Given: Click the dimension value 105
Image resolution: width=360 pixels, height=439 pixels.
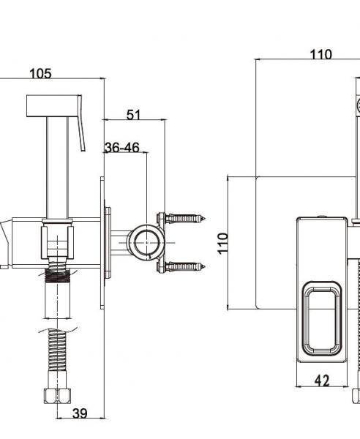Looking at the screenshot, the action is point(40,74).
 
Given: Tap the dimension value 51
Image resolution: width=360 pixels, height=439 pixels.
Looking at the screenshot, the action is point(134,115).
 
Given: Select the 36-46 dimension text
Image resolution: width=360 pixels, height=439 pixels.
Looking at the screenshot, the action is point(122,148).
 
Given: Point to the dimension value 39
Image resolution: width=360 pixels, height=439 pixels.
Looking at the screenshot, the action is point(80,413).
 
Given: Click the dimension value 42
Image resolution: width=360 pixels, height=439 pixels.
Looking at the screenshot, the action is point(322,380).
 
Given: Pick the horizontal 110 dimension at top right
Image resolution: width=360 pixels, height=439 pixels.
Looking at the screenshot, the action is point(321,55).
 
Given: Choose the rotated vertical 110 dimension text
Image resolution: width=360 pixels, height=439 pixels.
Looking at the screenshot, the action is point(223,244).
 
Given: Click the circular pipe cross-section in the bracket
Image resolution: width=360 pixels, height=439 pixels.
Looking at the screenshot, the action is point(147,242).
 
